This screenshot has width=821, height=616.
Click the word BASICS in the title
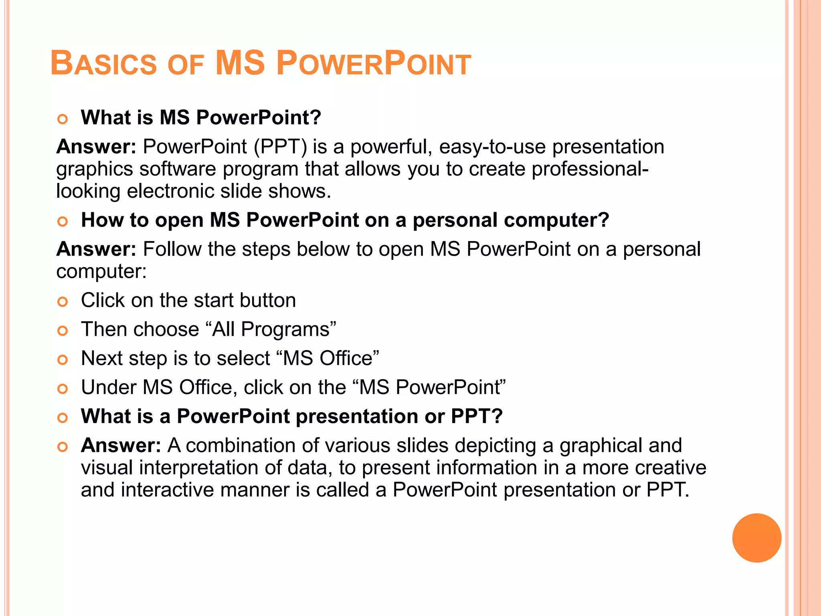103,64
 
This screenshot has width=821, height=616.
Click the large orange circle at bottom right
756,538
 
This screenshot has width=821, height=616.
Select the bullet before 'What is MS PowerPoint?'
63,119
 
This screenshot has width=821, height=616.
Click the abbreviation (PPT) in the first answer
280,147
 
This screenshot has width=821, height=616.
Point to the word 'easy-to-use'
492,147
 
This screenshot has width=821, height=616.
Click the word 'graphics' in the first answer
94,169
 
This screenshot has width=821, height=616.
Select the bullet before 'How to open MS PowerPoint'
63,221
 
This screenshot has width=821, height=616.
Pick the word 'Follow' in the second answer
172,249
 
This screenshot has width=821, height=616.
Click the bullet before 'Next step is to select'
63,360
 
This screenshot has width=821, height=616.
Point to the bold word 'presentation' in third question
356,416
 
